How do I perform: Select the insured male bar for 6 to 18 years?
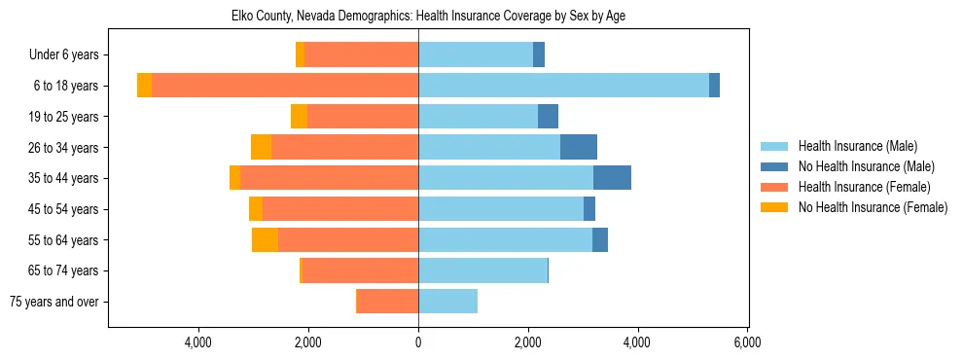[563, 86]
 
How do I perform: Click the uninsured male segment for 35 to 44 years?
[612, 178]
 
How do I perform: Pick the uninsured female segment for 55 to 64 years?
[265, 239]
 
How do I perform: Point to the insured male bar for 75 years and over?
[447, 302]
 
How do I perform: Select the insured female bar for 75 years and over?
[388, 302]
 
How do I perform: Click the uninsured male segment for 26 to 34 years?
[579, 147]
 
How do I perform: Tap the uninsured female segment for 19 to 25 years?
[299, 117]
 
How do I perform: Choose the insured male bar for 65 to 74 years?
[482, 270]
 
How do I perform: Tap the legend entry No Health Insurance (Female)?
[872, 207]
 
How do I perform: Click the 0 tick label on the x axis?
[418, 342]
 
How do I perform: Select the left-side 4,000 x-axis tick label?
[198, 342]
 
